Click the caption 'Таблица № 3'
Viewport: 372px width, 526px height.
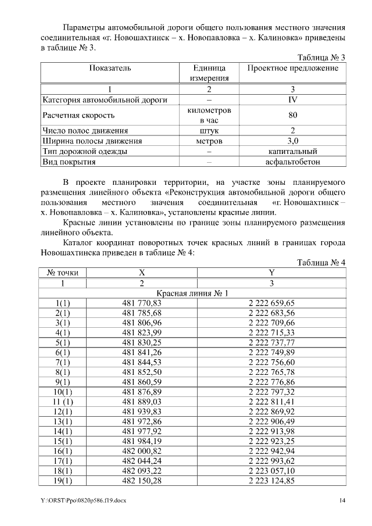click(x=321, y=58)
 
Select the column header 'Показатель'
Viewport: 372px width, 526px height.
click(x=110, y=68)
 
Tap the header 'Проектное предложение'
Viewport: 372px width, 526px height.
click(x=293, y=68)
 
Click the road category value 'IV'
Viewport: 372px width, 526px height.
click(x=293, y=100)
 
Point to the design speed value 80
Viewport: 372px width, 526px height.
click(x=293, y=115)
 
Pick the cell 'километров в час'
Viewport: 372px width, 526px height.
click(x=210, y=115)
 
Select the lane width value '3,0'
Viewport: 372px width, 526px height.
click(x=293, y=141)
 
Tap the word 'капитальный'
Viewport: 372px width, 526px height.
click(x=293, y=152)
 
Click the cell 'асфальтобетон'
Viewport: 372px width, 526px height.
click(x=293, y=162)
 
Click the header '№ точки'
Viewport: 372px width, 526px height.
click(x=63, y=273)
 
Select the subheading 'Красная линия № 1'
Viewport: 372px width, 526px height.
click(x=194, y=293)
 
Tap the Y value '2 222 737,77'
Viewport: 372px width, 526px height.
click(x=271, y=343)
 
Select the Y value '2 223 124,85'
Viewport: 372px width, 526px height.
click(x=271, y=481)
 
